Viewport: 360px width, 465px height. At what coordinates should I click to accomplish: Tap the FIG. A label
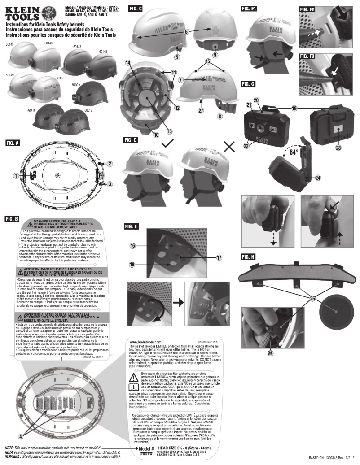click(13, 143)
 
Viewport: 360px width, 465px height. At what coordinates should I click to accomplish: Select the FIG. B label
click(13, 219)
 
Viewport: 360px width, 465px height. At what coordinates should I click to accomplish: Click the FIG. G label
click(248, 84)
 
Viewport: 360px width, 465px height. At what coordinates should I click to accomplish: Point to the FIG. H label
click(248, 256)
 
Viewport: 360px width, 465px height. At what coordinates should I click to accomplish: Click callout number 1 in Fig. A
click(15, 176)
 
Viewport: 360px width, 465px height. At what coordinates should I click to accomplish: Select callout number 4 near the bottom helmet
click(20, 436)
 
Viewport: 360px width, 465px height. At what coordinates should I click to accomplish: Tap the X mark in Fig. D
click(230, 146)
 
